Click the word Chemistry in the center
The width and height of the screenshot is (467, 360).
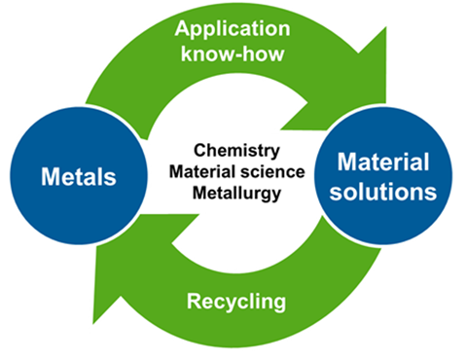pyautogui.click(x=238, y=152)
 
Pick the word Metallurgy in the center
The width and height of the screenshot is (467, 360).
pyautogui.click(x=237, y=194)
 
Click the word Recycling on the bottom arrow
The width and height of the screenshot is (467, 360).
pyautogui.click(x=237, y=302)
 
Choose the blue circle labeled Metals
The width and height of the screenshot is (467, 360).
pyautogui.click(x=78, y=178)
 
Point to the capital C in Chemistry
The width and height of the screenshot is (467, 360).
pyautogui.click(x=199, y=152)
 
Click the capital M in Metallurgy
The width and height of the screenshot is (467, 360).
pyautogui.click(x=199, y=194)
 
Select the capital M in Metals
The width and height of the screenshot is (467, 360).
pyautogui.click(x=51, y=178)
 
